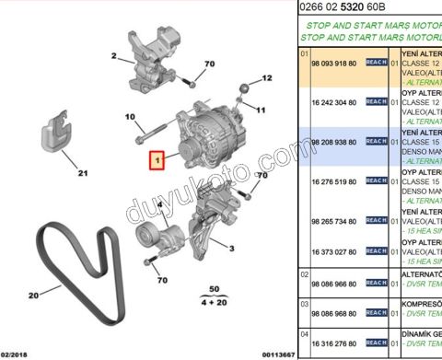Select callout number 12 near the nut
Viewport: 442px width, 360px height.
point(267,79)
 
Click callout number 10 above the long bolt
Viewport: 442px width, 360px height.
point(129,116)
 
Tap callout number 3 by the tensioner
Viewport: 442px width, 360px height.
point(231,248)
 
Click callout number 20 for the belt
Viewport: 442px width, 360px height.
point(32,296)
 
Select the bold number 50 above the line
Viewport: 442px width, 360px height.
point(215,289)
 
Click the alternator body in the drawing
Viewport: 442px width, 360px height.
point(204,138)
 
